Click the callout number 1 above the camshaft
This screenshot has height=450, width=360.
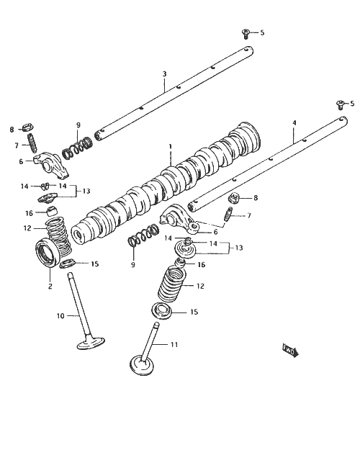tap(170, 147)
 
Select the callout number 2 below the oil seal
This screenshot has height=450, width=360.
tap(50, 286)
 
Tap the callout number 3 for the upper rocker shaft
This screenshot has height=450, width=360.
tap(164, 73)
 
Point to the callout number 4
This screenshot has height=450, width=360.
tap(294, 123)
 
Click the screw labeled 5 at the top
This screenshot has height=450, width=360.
tap(246, 34)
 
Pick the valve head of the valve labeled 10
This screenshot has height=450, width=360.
tap(91, 343)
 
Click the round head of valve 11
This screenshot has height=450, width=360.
tap(142, 365)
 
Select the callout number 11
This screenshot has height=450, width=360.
tap(174, 344)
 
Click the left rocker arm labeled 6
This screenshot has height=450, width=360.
tap(52, 165)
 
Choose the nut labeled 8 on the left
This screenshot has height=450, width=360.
tap(28, 127)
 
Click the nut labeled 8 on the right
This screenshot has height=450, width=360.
tap(234, 198)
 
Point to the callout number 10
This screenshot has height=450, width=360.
tap(60, 316)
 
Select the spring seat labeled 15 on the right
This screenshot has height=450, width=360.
tap(161, 311)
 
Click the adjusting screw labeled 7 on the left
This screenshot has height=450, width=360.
tap(32, 143)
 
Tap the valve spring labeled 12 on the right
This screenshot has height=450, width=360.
tap(172, 284)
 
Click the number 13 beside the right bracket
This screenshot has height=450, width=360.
tap(239, 248)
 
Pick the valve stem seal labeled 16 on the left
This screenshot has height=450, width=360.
tap(52, 211)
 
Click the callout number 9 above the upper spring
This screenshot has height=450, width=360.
tap(78, 125)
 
